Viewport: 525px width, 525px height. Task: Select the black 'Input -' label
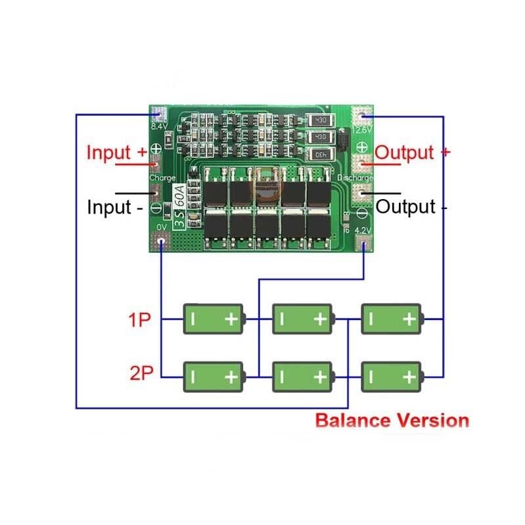[x=115, y=208]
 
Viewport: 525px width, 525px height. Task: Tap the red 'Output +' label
[x=413, y=152]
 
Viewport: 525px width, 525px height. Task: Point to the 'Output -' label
[x=412, y=208]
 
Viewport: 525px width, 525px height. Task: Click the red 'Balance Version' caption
[x=392, y=421]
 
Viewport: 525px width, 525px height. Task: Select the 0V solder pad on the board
[x=161, y=243]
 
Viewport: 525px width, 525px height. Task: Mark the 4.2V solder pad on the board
[x=363, y=244]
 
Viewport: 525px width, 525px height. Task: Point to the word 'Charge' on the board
[x=162, y=177]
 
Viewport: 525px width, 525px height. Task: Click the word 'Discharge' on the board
[x=355, y=178]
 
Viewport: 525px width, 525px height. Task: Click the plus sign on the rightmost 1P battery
[x=409, y=320]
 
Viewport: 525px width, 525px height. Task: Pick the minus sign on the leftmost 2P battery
[x=194, y=377]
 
